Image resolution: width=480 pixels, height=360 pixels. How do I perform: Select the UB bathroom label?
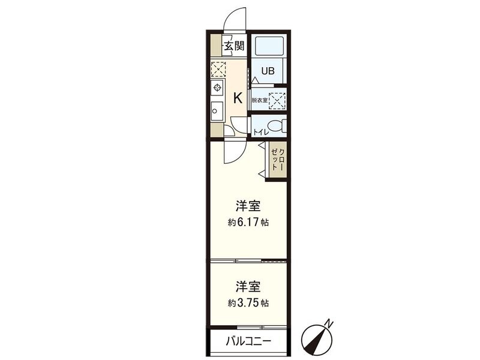pos(268,70)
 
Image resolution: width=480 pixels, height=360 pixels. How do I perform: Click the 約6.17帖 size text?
pos(248,222)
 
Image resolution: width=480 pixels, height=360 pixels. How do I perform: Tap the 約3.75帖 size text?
pos(248,303)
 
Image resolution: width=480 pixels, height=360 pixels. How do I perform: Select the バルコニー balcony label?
pos(248,341)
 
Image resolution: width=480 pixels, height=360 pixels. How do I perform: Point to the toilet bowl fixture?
pos(277,127)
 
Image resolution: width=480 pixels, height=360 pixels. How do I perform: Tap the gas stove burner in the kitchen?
pos(217,88)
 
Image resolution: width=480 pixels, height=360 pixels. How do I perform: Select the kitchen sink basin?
pos(217,110)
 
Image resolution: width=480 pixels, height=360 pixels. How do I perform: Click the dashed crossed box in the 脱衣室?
pos(277,100)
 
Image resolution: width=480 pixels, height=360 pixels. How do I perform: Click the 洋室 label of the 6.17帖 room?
pos(248,206)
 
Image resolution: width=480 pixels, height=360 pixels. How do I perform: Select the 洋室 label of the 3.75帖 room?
pos(248,287)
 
